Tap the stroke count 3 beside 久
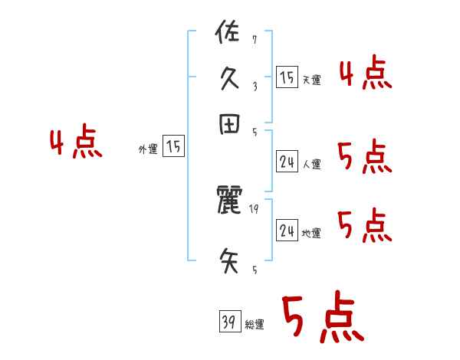(254, 86)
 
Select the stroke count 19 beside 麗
(255, 208)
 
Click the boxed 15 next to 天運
(287, 77)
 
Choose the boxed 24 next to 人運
(287, 162)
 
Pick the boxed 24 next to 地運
(287, 231)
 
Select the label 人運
(311, 164)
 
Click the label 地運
(311, 233)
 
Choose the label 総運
(255, 325)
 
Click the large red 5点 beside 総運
(321, 318)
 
